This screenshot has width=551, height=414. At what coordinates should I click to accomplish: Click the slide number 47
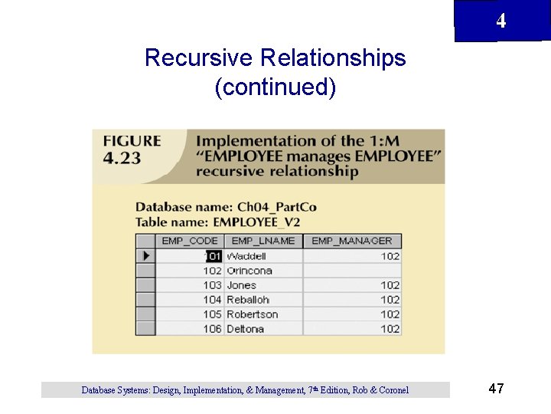496,389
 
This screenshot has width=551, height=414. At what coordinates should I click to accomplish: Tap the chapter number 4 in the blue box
500,21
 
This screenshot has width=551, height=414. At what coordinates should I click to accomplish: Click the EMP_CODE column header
190,241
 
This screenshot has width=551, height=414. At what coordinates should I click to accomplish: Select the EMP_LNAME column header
262,241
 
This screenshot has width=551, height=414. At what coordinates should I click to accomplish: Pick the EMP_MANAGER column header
351,241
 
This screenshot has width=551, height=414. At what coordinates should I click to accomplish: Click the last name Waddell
246,256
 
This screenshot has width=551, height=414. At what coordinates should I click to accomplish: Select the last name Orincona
249,271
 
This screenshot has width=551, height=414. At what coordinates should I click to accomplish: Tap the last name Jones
242,285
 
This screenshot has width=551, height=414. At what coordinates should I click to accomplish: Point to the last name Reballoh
248,300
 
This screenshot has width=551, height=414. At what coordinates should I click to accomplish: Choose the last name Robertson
252,314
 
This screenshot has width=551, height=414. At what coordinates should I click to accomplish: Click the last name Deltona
245,329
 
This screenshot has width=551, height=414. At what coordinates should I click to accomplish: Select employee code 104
212,300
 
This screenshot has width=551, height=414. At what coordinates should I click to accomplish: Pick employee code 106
212,329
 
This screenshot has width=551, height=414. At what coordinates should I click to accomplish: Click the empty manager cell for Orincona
351,271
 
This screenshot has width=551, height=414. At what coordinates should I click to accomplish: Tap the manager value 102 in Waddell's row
390,256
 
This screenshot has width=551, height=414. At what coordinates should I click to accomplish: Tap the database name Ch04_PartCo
276,207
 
